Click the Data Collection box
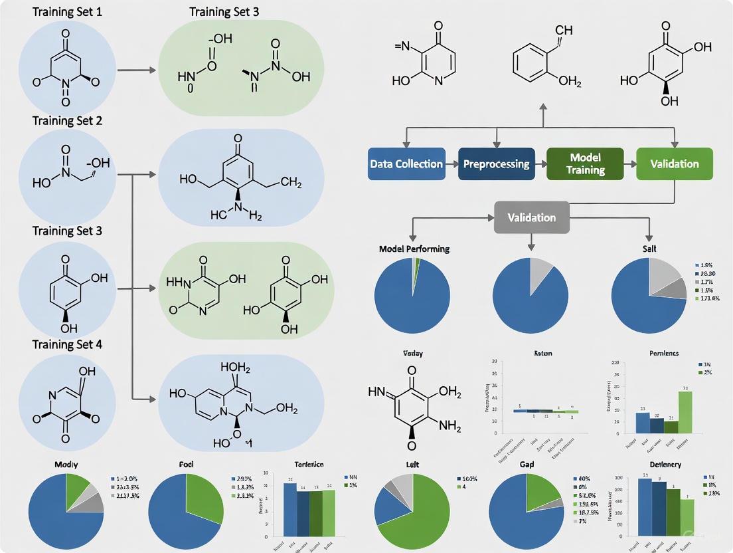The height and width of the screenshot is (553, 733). (406, 164)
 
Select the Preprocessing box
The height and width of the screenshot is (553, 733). (496, 164)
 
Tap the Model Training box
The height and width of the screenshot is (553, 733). (585, 164)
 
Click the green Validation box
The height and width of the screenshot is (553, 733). (675, 164)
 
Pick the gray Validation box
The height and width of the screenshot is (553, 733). (531, 217)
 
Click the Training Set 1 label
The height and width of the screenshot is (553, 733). (62, 11)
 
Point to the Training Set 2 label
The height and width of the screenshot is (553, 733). (62, 121)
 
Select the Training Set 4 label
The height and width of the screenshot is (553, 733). (62, 344)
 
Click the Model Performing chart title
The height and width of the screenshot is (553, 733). (414, 249)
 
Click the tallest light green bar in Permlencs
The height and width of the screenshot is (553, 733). (685, 412)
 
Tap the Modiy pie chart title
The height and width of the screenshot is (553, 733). (65, 464)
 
